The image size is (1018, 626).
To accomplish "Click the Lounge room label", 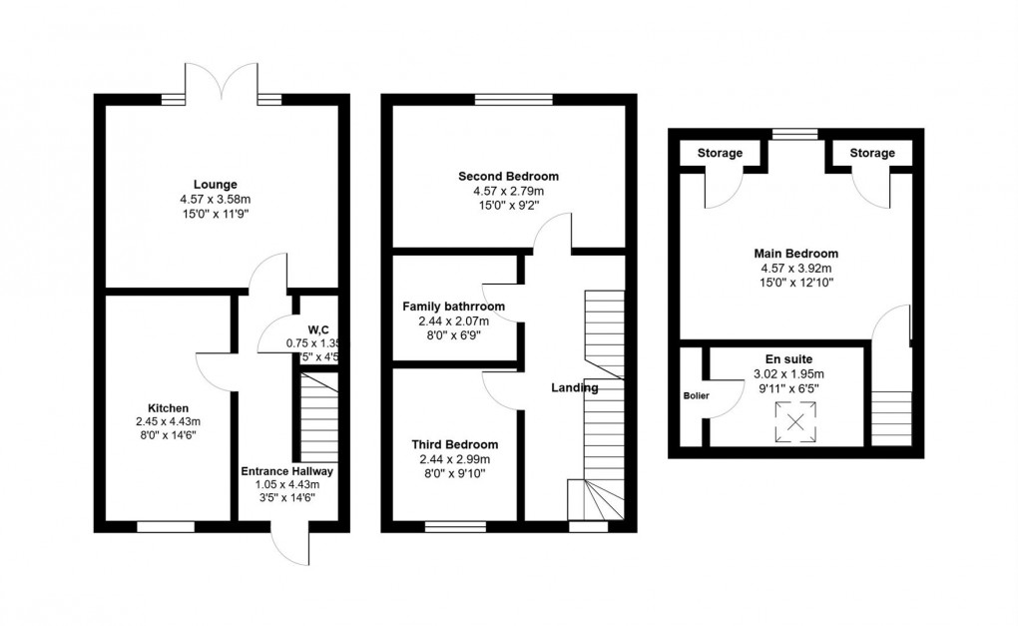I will click(215, 184).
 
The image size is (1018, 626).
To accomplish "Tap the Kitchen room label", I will click(168, 408).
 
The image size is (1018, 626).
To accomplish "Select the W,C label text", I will click(318, 329).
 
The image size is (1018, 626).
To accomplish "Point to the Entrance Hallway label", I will click(287, 471).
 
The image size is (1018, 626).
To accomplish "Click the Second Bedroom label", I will click(509, 177).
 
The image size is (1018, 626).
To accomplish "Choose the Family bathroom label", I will click(453, 307).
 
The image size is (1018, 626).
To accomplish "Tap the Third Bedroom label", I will click(454, 444).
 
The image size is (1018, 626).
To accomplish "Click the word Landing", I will click(574, 387).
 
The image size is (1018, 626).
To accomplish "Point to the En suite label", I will click(788, 358).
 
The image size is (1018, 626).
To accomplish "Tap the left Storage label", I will click(720, 153).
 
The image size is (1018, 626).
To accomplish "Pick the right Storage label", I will click(872, 153).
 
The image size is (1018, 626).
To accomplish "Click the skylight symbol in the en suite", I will click(795, 421).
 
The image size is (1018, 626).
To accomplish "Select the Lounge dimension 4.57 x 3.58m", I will click(215, 199).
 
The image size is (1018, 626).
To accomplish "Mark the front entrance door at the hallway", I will click(289, 542).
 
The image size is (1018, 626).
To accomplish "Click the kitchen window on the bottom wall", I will click(166, 526).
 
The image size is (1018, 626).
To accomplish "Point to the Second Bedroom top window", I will click(513, 99).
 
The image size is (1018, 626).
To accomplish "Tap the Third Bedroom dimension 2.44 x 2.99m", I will click(454, 459).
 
